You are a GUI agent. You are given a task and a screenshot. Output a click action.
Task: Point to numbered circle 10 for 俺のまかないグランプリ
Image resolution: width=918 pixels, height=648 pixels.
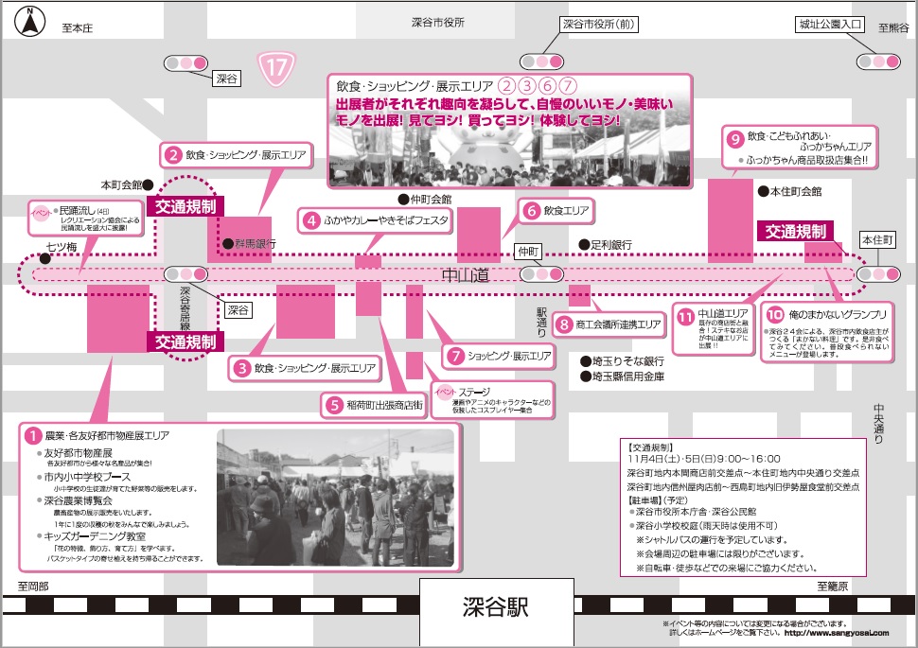775,314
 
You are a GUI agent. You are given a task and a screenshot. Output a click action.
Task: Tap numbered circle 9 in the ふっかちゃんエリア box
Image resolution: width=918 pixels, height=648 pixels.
734,137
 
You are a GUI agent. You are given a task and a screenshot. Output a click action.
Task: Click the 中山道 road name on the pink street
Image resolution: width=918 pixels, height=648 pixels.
466,274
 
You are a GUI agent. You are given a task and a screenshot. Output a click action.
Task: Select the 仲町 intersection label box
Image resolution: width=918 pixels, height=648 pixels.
527,252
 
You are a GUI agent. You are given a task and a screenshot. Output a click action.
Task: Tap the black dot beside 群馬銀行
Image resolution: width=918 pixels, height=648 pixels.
227,244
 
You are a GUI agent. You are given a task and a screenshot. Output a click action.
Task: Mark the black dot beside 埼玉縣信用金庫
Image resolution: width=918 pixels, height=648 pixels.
585,377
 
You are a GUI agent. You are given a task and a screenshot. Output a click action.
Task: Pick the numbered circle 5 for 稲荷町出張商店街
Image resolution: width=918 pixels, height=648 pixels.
334,405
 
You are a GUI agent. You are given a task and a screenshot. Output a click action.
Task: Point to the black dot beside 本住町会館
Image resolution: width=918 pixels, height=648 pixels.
763,191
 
